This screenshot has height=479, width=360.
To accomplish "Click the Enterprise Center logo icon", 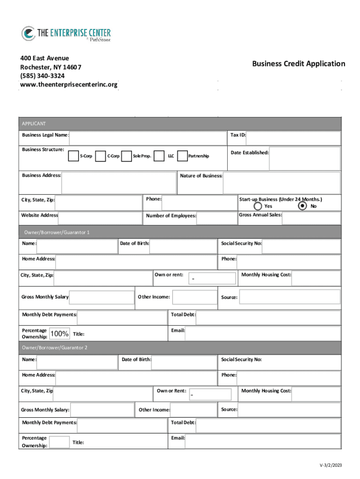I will click(28, 34).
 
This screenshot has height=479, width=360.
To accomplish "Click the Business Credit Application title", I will click(298, 64).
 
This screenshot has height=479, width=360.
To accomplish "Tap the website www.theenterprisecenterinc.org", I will click(69, 85).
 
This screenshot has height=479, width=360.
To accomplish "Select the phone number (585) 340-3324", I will click(43, 76).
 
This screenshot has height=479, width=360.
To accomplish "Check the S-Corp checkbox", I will click(73, 156).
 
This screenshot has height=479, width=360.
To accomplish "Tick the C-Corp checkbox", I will click(100, 156).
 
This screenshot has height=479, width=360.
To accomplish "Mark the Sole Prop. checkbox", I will click(126, 156).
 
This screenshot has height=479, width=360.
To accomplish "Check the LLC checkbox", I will click(159, 156).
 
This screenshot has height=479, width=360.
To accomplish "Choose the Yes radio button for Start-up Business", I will click(258, 206).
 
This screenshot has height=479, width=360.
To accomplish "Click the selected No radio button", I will click(302, 206).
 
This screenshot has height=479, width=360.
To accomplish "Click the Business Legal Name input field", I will click(148, 138).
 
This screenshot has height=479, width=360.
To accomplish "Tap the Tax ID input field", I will click(294, 138).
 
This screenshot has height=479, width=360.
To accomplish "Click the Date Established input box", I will click(305, 159).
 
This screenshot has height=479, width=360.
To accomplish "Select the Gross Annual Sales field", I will click(311, 218).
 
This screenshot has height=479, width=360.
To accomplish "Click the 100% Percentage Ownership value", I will click(59, 334).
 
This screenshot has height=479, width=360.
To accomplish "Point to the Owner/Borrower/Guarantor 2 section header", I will click(55, 348).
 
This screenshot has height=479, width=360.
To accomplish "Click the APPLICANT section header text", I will click(34, 123).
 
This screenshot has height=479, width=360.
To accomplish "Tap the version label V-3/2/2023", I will click(331, 465).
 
